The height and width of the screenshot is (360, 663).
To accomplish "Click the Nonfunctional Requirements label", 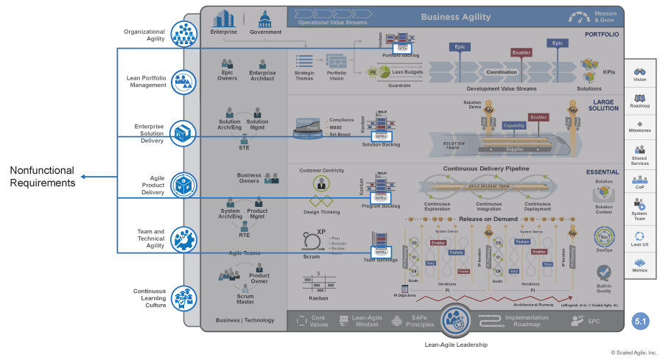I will pyautogui.click(x=42, y=177).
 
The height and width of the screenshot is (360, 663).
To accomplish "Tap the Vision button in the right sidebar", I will pyautogui.click(x=639, y=74).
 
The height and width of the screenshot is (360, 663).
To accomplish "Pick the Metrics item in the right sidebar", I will pyautogui.click(x=639, y=264).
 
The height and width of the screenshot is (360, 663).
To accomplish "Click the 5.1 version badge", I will pyautogui.click(x=640, y=321).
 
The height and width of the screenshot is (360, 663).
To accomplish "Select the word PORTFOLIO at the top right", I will pyautogui.click(x=602, y=35).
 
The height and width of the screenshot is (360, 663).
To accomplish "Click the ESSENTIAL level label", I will pyautogui.click(x=602, y=172).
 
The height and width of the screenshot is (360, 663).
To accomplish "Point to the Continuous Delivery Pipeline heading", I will pyautogui.click(x=486, y=169).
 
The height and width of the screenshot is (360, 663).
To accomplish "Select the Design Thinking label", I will pyautogui.click(x=321, y=212).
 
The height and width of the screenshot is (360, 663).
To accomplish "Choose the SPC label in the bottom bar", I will pyautogui.click(x=594, y=322).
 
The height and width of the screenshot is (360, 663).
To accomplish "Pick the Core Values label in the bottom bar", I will pyautogui.click(x=317, y=321).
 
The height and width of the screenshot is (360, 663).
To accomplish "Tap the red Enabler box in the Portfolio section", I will pyautogui.click(x=521, y=53).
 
